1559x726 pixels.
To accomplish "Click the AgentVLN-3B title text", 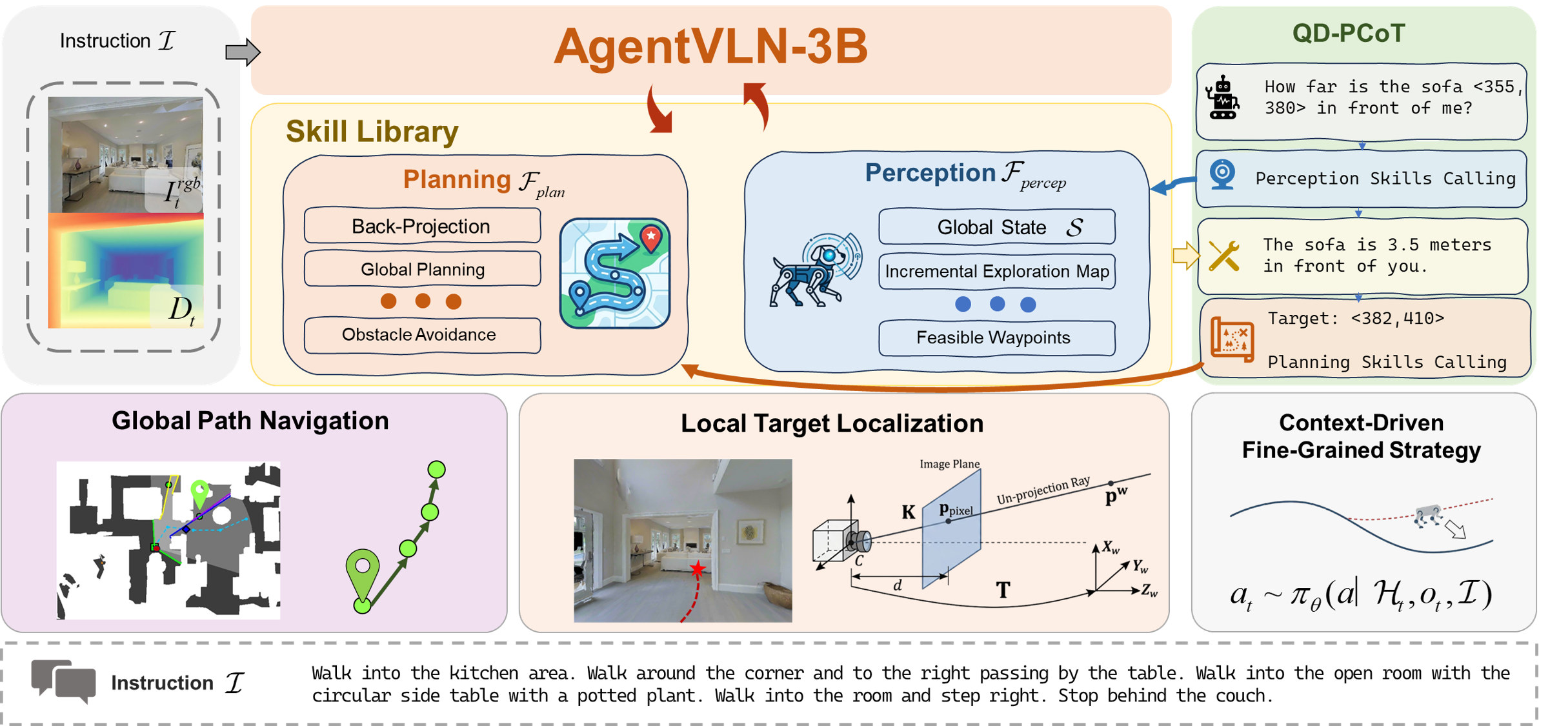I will click(x=710, y=47).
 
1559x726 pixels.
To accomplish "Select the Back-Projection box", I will click(x=422, y=227).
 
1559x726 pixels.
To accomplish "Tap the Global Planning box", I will click(x=422, y=269).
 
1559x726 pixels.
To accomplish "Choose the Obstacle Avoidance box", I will click(x=422, y=335).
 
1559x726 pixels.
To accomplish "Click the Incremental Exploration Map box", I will click(x=996, y=272).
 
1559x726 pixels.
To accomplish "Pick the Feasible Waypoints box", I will click(x=996, y=338).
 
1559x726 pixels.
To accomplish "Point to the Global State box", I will click(x=996, y=227).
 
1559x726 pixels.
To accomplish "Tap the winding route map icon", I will click(x=614, y=274).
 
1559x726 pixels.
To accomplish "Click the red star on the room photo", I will click(x=698, y=569).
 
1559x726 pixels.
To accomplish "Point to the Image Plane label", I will click(x=949, y=464).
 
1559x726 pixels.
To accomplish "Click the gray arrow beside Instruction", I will click(x=242, y=52).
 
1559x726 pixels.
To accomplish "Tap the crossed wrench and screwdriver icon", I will click(x=1223, y=256).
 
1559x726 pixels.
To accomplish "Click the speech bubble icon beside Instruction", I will click(x=63, y=681).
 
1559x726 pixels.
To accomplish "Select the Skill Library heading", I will click(x=372, y=132).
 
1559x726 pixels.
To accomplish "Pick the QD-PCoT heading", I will click(x=1348, y=34).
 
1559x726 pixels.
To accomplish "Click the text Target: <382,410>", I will click(x=1355, y=318).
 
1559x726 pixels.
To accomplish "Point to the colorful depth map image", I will click(x=126, y=271).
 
